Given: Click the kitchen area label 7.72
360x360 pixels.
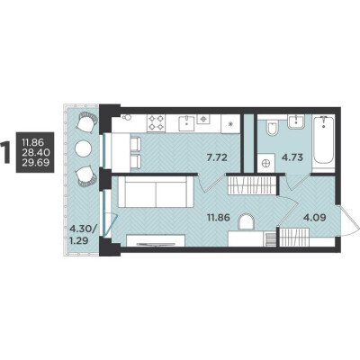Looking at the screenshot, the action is [x=218, y=157].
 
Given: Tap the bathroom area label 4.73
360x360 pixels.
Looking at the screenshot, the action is [x=291, y=157].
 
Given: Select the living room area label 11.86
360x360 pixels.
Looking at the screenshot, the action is [x=219, y=217].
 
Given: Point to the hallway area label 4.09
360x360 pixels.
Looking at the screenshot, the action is [x=315, y=217].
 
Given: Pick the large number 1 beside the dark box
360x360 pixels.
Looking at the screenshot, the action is [x=5, y=152].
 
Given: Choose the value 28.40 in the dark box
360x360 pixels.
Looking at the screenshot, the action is [x=35, y=152].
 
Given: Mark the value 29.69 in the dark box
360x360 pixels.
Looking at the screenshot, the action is [x=35, y=162].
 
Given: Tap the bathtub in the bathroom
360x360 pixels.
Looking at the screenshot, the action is [x=323, y=139].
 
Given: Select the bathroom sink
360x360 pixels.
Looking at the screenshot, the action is [x=296, y=122].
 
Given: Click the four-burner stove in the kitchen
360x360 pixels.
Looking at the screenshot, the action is [x=156, y=123].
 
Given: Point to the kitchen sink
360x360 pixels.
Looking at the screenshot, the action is [x=186, y=123].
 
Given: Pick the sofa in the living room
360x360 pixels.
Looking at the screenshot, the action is [x=156, y=192].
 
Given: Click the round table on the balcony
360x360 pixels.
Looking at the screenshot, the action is [x=83, y=148].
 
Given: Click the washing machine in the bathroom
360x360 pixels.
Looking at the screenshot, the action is [x=266, y=163].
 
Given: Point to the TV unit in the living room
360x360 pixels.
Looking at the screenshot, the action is [x=156, y=241].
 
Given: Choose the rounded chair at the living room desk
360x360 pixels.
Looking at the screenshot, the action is [x=246, y=222].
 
